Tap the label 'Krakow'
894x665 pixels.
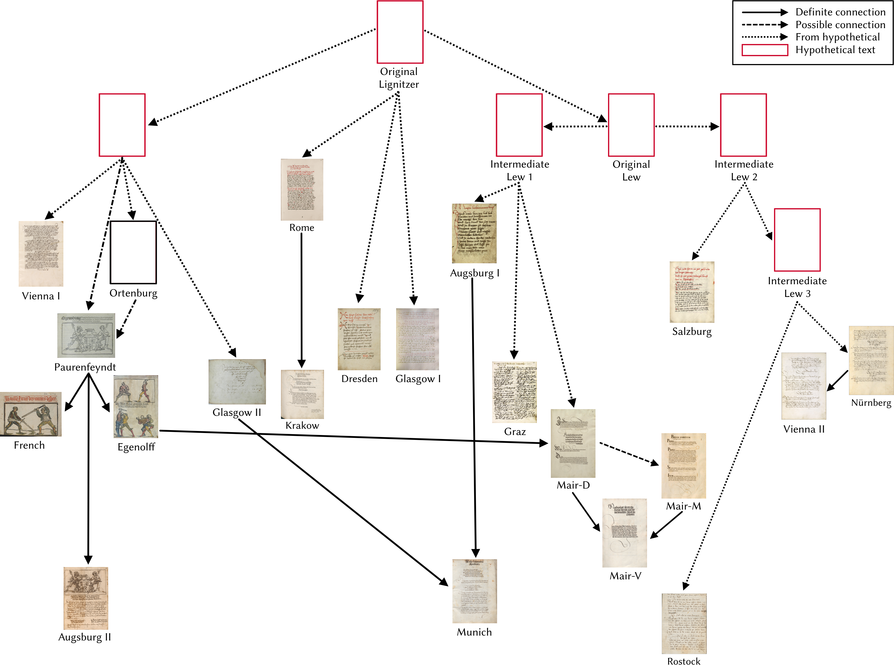[302, 425]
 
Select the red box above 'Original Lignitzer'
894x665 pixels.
[400, 32]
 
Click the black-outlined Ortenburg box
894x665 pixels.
[133, 252]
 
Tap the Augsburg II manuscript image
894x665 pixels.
[86, 598]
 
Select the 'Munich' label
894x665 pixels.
[474, 632]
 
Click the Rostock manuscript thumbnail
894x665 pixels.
[684, 623]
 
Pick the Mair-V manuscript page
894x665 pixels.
[624, 533]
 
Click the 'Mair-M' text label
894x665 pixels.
[683, 506]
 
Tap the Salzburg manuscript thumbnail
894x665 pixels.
[692, 292]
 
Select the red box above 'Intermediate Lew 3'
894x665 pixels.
[797, 240]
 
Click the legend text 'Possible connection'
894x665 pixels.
[840, 25]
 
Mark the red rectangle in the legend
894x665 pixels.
[764, 50]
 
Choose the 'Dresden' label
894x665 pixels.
[359, 379]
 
